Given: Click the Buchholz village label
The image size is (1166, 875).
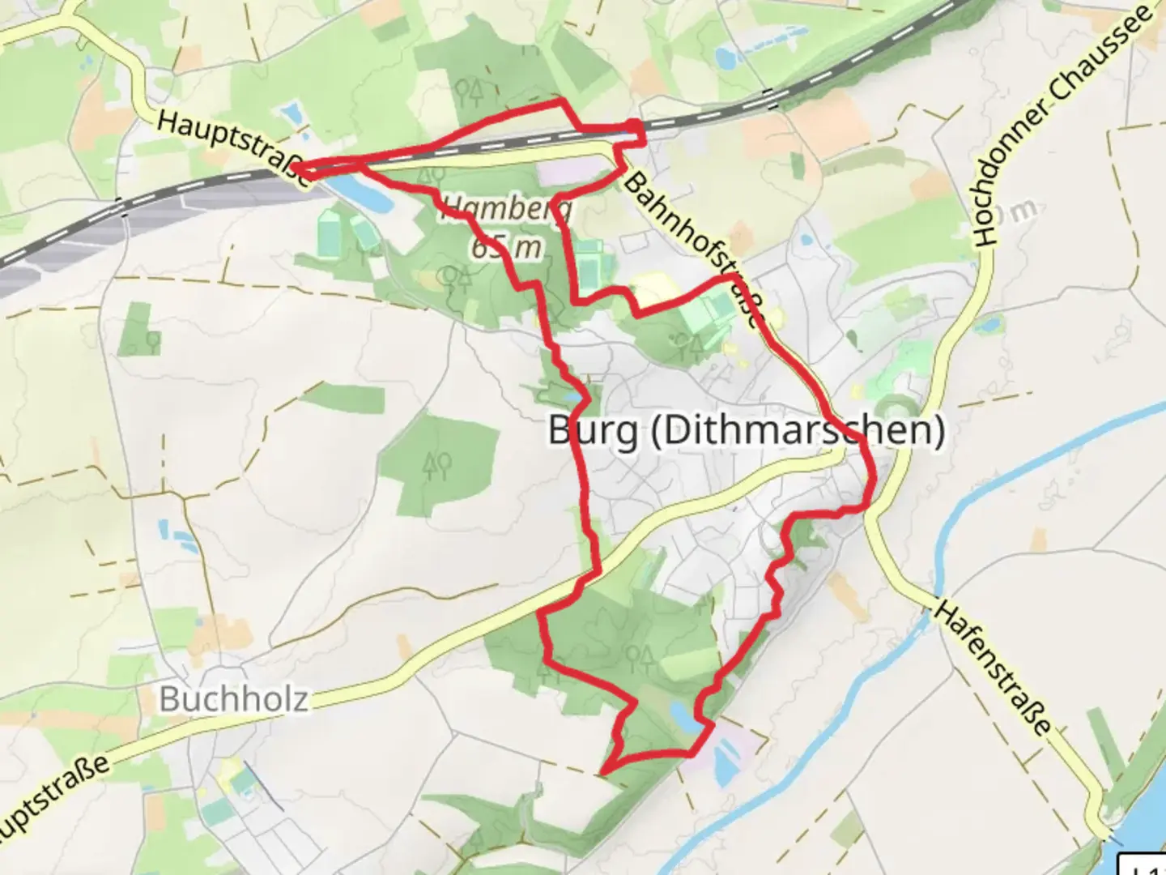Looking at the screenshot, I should tap(233, 698).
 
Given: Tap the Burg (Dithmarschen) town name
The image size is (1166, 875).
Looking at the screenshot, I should tap(746, 429).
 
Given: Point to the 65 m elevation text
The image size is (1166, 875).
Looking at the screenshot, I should tap(507, 246).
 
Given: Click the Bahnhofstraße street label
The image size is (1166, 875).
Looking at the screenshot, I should tap(695, 246).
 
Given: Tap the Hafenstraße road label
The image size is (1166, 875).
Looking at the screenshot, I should tap(994, 666).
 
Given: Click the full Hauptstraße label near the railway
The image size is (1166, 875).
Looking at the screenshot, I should tap(234, 149).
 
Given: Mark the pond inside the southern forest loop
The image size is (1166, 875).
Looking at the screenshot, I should tap(681, 715).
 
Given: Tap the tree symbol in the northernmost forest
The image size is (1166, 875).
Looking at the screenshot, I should tap(470, 91).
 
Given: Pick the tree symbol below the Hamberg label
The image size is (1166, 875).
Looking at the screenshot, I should tap(455, 280).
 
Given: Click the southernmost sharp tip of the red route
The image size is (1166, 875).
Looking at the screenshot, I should tap(603, 770).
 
